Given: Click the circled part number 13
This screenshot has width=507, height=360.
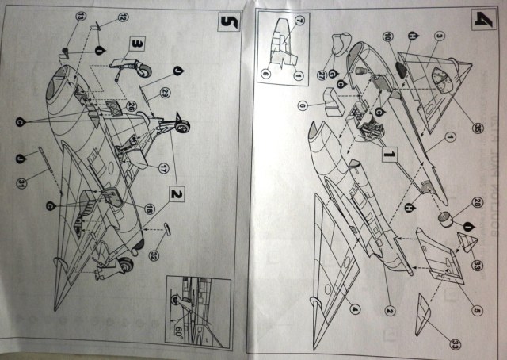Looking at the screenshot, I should (x=80, y=17).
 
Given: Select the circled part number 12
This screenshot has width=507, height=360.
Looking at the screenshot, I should (x=123, y=17).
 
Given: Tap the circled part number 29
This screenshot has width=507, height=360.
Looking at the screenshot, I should (x=163, y=94).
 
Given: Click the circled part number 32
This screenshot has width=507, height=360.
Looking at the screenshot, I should (x=154, y=254).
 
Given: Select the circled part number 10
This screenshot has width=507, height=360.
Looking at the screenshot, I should (x=388, y=36).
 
